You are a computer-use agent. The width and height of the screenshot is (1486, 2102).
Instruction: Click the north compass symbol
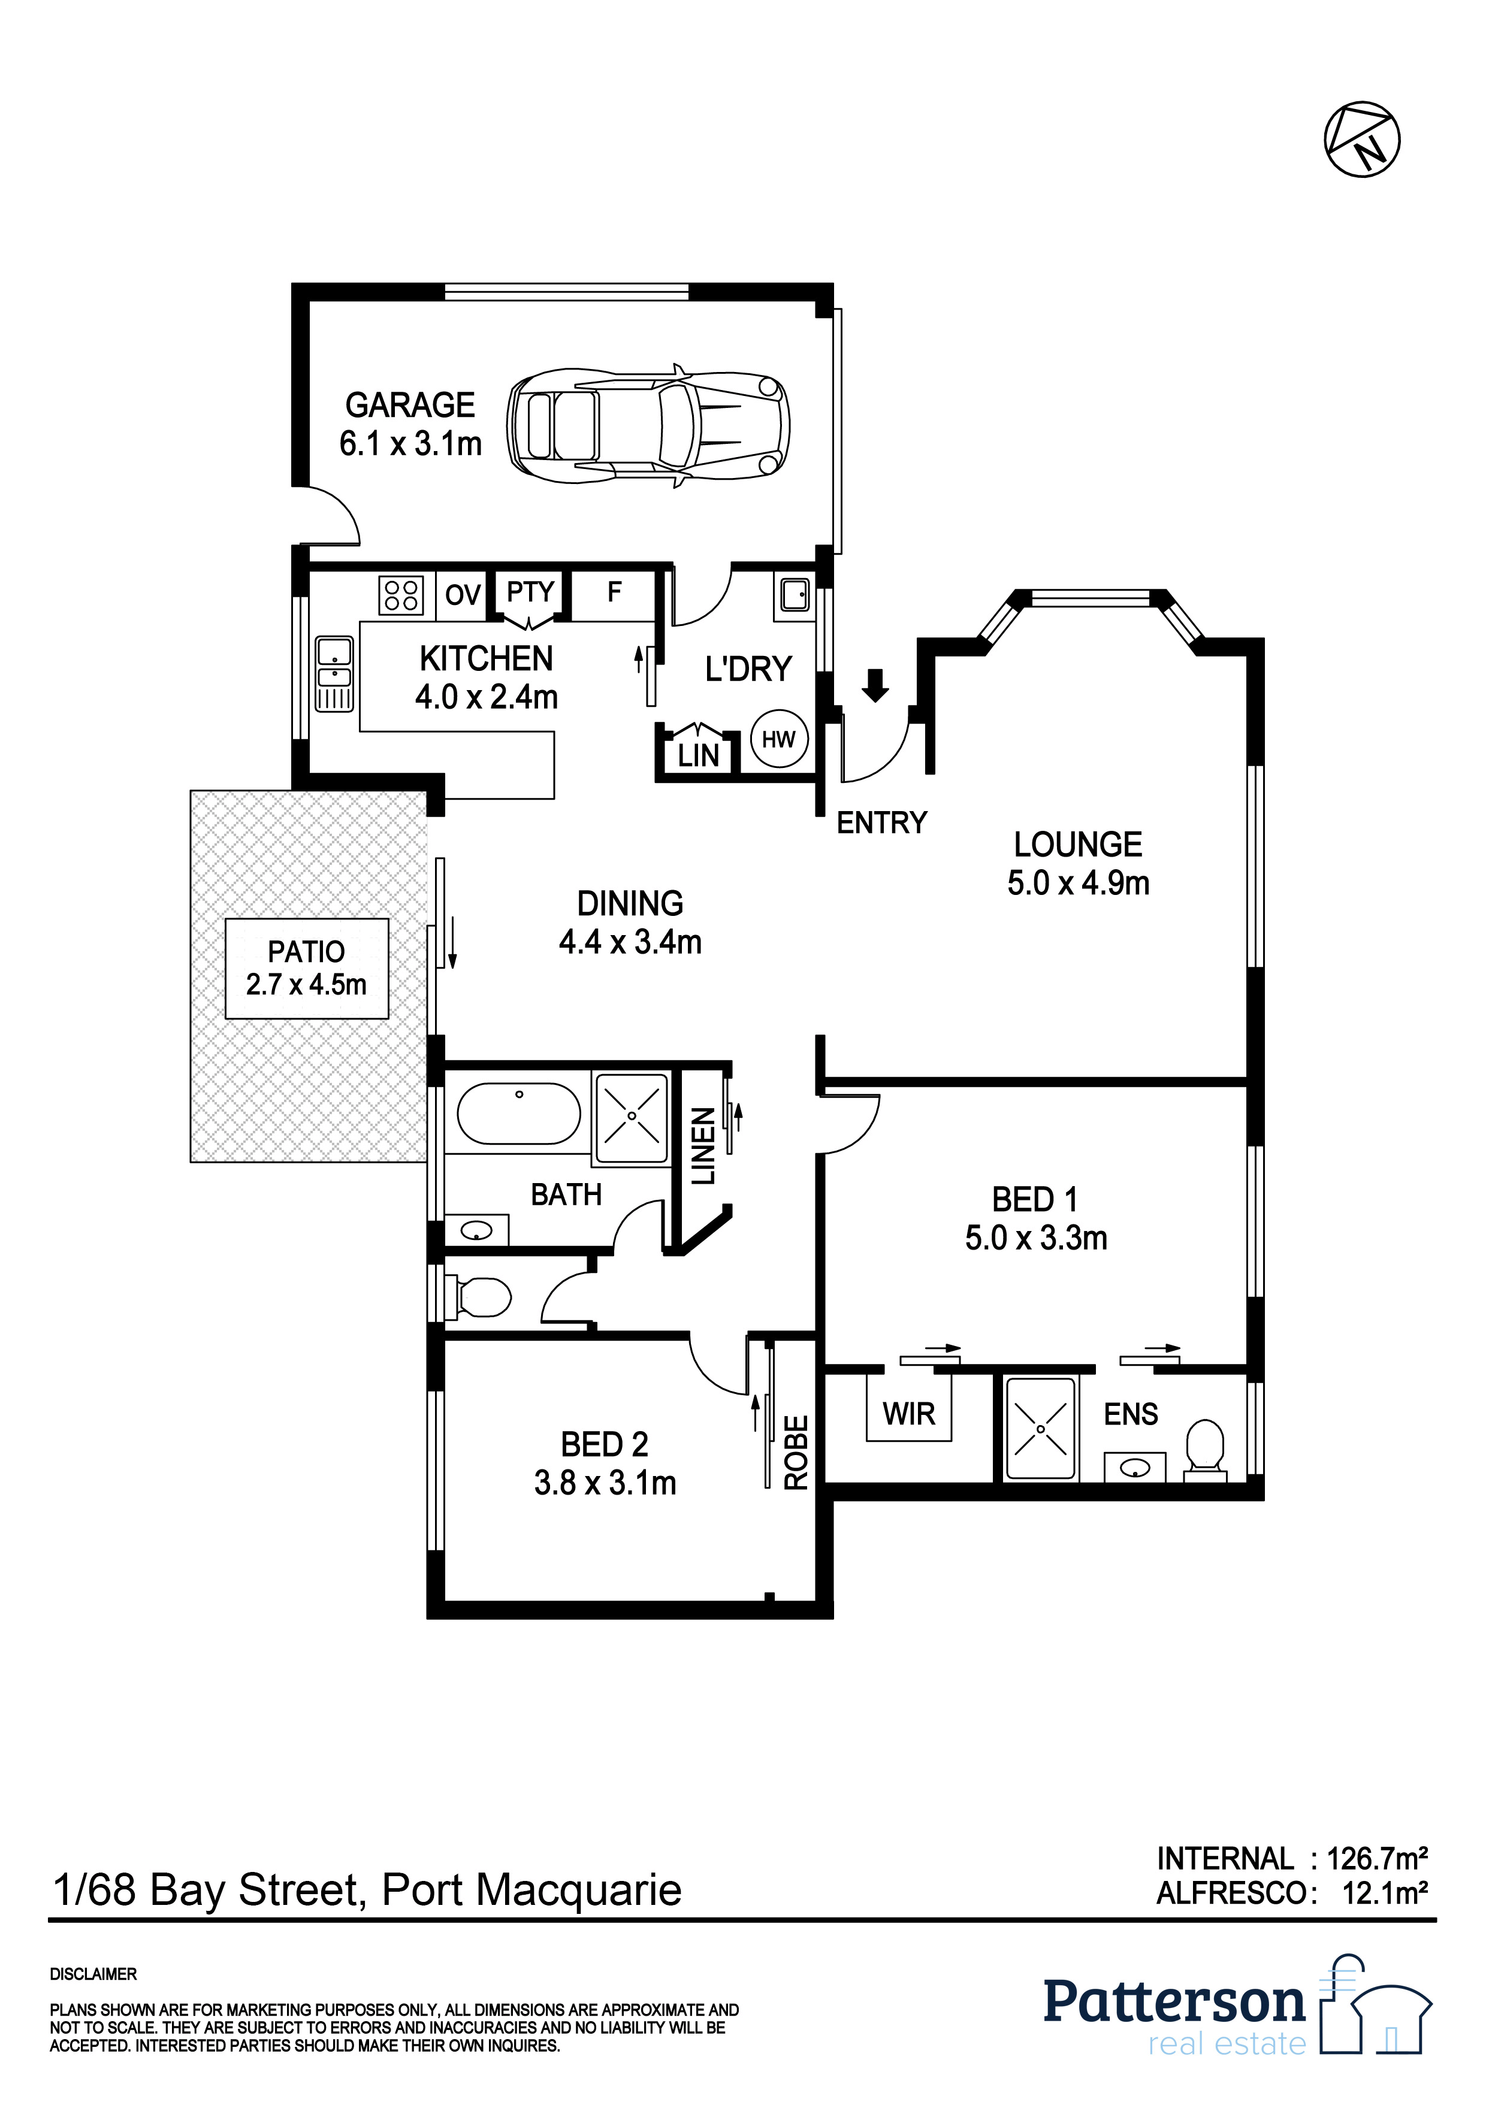(1361, 139)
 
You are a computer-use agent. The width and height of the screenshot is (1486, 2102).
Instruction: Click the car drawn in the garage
(648, 427)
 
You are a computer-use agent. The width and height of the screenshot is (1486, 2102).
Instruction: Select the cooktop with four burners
(401, 595)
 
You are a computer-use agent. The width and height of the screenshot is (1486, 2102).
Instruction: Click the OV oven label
(463, 595)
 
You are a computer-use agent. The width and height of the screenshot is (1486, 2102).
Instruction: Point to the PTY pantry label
(530, 592)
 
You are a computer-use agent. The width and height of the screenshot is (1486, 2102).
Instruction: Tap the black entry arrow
(875, 685)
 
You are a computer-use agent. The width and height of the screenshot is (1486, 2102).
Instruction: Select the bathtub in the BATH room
(518, 1113)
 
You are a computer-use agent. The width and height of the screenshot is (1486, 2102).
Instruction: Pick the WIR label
(909, 1414)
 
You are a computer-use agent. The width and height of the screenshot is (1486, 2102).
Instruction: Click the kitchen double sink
(334, 675)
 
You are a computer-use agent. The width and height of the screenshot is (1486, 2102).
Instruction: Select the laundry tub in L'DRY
(794, 595)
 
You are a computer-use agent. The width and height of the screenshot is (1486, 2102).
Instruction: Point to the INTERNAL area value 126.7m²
(1376, 1858)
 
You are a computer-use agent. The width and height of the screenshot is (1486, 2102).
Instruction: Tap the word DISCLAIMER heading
(93, 1975)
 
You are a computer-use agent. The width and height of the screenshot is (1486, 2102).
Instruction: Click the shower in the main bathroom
(632, 1118)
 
